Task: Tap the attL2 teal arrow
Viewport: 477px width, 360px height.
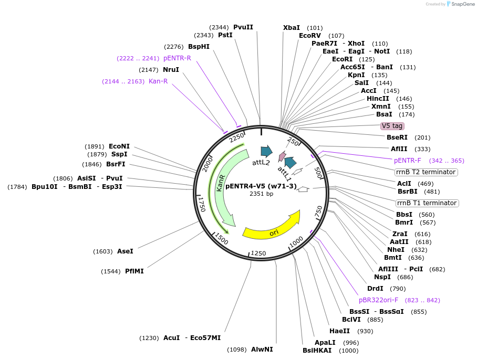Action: (266, 152)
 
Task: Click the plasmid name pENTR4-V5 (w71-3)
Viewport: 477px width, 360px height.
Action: (261, 185)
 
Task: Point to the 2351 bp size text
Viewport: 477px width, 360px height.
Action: (261, 194)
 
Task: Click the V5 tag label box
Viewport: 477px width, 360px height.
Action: (392, 126)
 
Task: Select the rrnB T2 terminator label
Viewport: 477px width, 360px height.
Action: (426, 172)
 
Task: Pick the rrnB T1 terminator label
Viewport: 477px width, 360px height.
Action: (427, 203)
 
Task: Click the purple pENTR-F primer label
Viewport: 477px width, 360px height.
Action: (408, 161)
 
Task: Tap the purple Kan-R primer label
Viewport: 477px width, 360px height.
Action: (158, 81)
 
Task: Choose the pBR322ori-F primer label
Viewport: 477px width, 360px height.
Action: (378, 300)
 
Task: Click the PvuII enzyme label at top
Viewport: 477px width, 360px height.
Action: (243, 27)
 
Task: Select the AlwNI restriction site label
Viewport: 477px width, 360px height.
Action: (262, 349)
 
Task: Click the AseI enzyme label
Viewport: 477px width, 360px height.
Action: (125, 251)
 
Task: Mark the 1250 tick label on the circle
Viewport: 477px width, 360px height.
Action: (259, 253)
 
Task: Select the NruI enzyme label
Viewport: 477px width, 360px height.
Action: (171, 70)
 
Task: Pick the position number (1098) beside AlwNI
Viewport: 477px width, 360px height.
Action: (236, 350)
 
